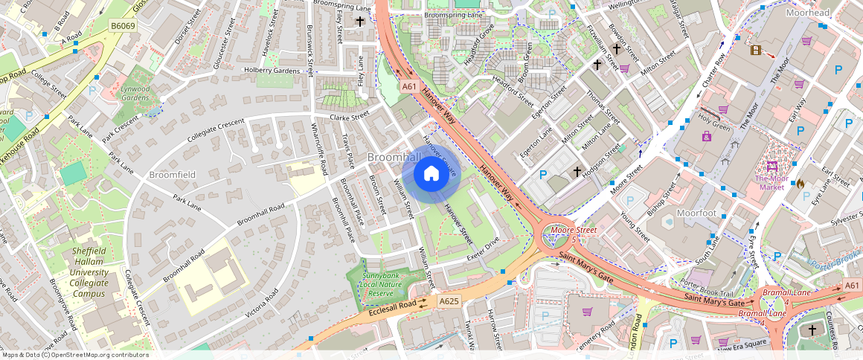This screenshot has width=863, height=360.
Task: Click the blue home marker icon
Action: (431, 174)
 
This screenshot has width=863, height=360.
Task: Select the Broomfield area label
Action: (172, 174)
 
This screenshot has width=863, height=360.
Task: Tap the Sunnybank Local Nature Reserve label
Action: (383, 284)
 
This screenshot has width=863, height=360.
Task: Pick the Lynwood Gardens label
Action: (135, 93)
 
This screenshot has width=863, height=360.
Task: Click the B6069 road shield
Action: (123, 25)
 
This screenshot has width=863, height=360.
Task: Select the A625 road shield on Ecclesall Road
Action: (449, 301)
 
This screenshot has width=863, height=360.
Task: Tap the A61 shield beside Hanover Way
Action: (408, 87)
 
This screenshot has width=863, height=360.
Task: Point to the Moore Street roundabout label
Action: (574, 231)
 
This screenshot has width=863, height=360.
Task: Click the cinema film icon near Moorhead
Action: (756, 50)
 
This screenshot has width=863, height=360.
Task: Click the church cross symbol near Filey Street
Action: (360, 22)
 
